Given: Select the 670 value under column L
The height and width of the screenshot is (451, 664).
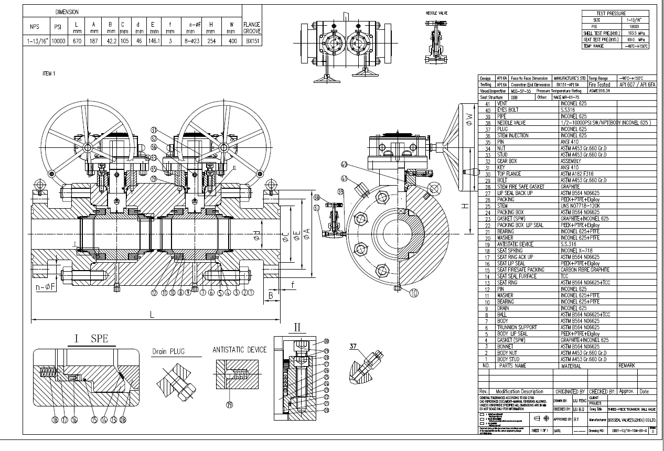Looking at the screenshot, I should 76,41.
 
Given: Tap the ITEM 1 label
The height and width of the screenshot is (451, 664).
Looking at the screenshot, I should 49,74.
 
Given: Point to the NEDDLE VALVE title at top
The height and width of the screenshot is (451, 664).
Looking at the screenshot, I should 436,12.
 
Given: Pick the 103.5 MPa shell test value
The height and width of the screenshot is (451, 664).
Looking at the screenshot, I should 634,33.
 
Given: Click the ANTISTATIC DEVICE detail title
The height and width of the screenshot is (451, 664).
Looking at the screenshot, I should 239,350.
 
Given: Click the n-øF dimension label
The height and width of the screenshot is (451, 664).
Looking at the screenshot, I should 46,287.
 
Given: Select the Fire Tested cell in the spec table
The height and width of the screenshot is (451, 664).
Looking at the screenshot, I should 599,84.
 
